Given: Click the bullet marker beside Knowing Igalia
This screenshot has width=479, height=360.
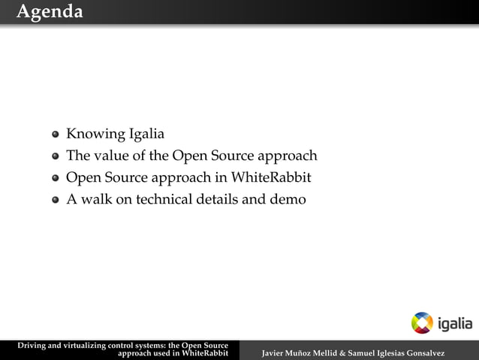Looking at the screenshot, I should click(56, 135).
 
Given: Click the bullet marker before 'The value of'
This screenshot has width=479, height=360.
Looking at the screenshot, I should click(56, 157).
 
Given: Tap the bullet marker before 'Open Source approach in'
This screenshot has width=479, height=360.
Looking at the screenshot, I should click(56, 179).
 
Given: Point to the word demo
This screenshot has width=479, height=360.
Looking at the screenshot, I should click(288, 200).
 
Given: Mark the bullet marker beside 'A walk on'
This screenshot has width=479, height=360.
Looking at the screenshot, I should click(56, 201).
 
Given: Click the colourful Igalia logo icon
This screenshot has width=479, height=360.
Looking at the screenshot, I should click(422, 322).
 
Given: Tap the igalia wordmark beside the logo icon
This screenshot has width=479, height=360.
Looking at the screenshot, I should click(455, 323).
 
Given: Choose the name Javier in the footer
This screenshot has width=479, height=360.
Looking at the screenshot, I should click(272, 353).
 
